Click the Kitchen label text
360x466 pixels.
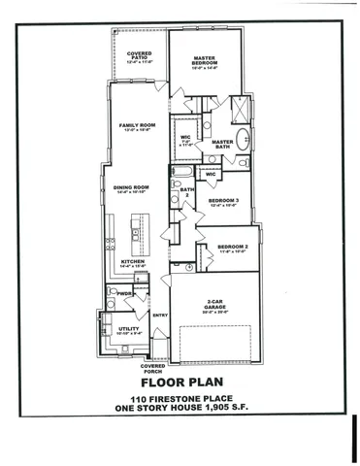132,262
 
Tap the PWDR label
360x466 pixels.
125,293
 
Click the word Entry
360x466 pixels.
161,315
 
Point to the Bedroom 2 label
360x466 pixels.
233,248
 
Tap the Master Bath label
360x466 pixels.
223,144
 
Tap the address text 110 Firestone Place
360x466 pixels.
180,402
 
